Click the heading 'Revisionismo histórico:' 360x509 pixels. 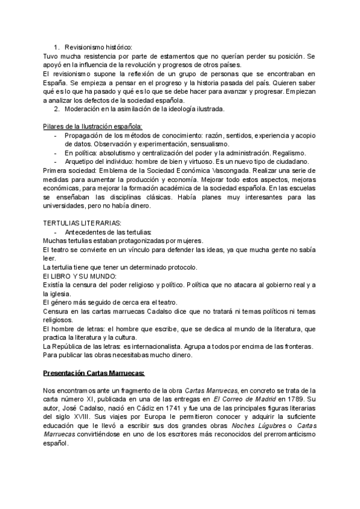(x=98, y=47)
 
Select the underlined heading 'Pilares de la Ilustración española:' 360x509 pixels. (x=92, y=126)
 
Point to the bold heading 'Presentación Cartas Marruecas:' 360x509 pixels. (x=94, y=373)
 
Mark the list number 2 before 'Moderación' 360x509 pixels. (x=56, y=109)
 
